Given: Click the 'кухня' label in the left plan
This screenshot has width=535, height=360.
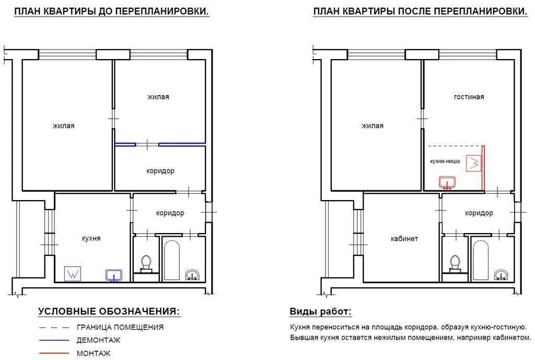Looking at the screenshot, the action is pyautogui.click(x=91, y=239).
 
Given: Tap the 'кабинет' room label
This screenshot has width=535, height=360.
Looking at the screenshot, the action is pyautogui.click(x=404, y=239).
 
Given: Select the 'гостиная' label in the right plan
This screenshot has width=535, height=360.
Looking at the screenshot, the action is pyautogui.click(x=469, y=97).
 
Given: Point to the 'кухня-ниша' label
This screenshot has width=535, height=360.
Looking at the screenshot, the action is pyautogui.click(x=445, y=161).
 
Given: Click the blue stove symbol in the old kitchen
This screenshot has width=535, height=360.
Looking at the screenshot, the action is pyautogui.click(x=73, y=274).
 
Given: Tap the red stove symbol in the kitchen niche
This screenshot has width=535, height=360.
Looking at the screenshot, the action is pyautogui.click(x=473, y=164).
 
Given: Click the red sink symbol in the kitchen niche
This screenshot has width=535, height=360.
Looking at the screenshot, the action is pyautogui.click(x=447, y=182).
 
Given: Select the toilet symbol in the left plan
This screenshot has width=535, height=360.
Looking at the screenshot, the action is pyautogui.click(x=146, y=264).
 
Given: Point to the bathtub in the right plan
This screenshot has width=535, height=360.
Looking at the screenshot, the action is pyautogui.click(x=481, y=260).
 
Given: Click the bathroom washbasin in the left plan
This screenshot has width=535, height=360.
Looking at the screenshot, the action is pyautogui.click(x=192, y=275).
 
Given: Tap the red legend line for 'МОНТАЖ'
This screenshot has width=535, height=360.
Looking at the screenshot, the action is pyautogui.click(x=54, y=353).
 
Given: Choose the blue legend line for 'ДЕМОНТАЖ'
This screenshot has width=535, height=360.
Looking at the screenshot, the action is pyautogui.click(x=54, y=340).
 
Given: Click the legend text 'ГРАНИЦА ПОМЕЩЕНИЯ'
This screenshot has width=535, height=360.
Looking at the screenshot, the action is pyautogui.click(x=120, y=327).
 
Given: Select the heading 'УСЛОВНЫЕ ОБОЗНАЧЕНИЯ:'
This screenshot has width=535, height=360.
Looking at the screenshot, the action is pyautogui.click(x=109, y=311).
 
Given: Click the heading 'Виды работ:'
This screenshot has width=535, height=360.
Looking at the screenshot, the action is pyautogui.click(x=320, y=311).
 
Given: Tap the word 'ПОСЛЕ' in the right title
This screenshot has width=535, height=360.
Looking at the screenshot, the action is pyautogui.click(x=415, y=11).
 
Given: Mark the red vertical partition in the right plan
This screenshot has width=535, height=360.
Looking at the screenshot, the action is pyautogui.click(x=483, y=168).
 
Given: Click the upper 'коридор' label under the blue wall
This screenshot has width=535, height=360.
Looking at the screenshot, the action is pyautogui.click(x=160, y=171).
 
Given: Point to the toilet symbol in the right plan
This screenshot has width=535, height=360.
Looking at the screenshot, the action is pyautogui.click(x=455, y=264).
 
